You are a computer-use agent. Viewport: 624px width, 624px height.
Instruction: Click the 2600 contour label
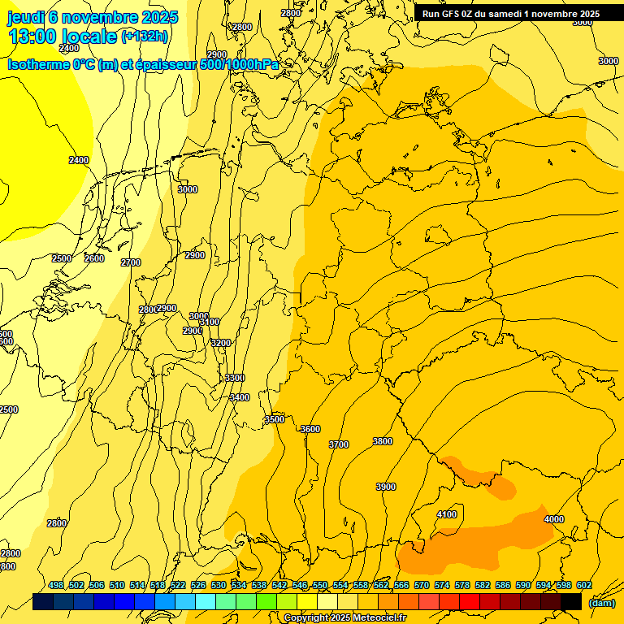pos(94,258)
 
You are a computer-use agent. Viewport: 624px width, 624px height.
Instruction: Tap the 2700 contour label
pos(131,262)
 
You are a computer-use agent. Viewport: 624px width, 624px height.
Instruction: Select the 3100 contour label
pos(210,323)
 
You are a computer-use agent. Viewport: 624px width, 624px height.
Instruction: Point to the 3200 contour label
pos(221,343)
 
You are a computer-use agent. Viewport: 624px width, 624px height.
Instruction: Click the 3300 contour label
pos(235,378)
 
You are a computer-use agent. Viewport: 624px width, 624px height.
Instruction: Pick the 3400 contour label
pos(240,397)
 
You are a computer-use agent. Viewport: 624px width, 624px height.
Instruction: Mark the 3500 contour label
pos(275,419)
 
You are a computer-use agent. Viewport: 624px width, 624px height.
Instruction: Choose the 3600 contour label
pos(310,429)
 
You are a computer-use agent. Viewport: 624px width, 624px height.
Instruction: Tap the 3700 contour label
pos(339,444)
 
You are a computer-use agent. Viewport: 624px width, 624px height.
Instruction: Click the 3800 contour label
pos(383,441)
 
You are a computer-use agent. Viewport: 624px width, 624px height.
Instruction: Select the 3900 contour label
pos(386,487)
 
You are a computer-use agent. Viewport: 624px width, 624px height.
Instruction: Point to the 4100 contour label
pos(447,514)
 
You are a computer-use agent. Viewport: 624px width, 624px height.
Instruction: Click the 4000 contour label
pos(554,519)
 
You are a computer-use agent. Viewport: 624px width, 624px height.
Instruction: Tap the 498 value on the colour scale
pos(56,585)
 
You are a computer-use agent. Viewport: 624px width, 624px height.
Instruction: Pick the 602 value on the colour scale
pos(583,585)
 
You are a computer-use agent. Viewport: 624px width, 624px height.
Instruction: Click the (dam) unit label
pos(601,603)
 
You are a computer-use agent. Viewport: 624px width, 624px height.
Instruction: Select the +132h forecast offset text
pos(145,36)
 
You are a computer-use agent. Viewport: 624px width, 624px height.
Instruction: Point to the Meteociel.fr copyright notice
pos(344,618)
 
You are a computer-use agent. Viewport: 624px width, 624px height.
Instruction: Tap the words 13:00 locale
pos(63,37)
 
